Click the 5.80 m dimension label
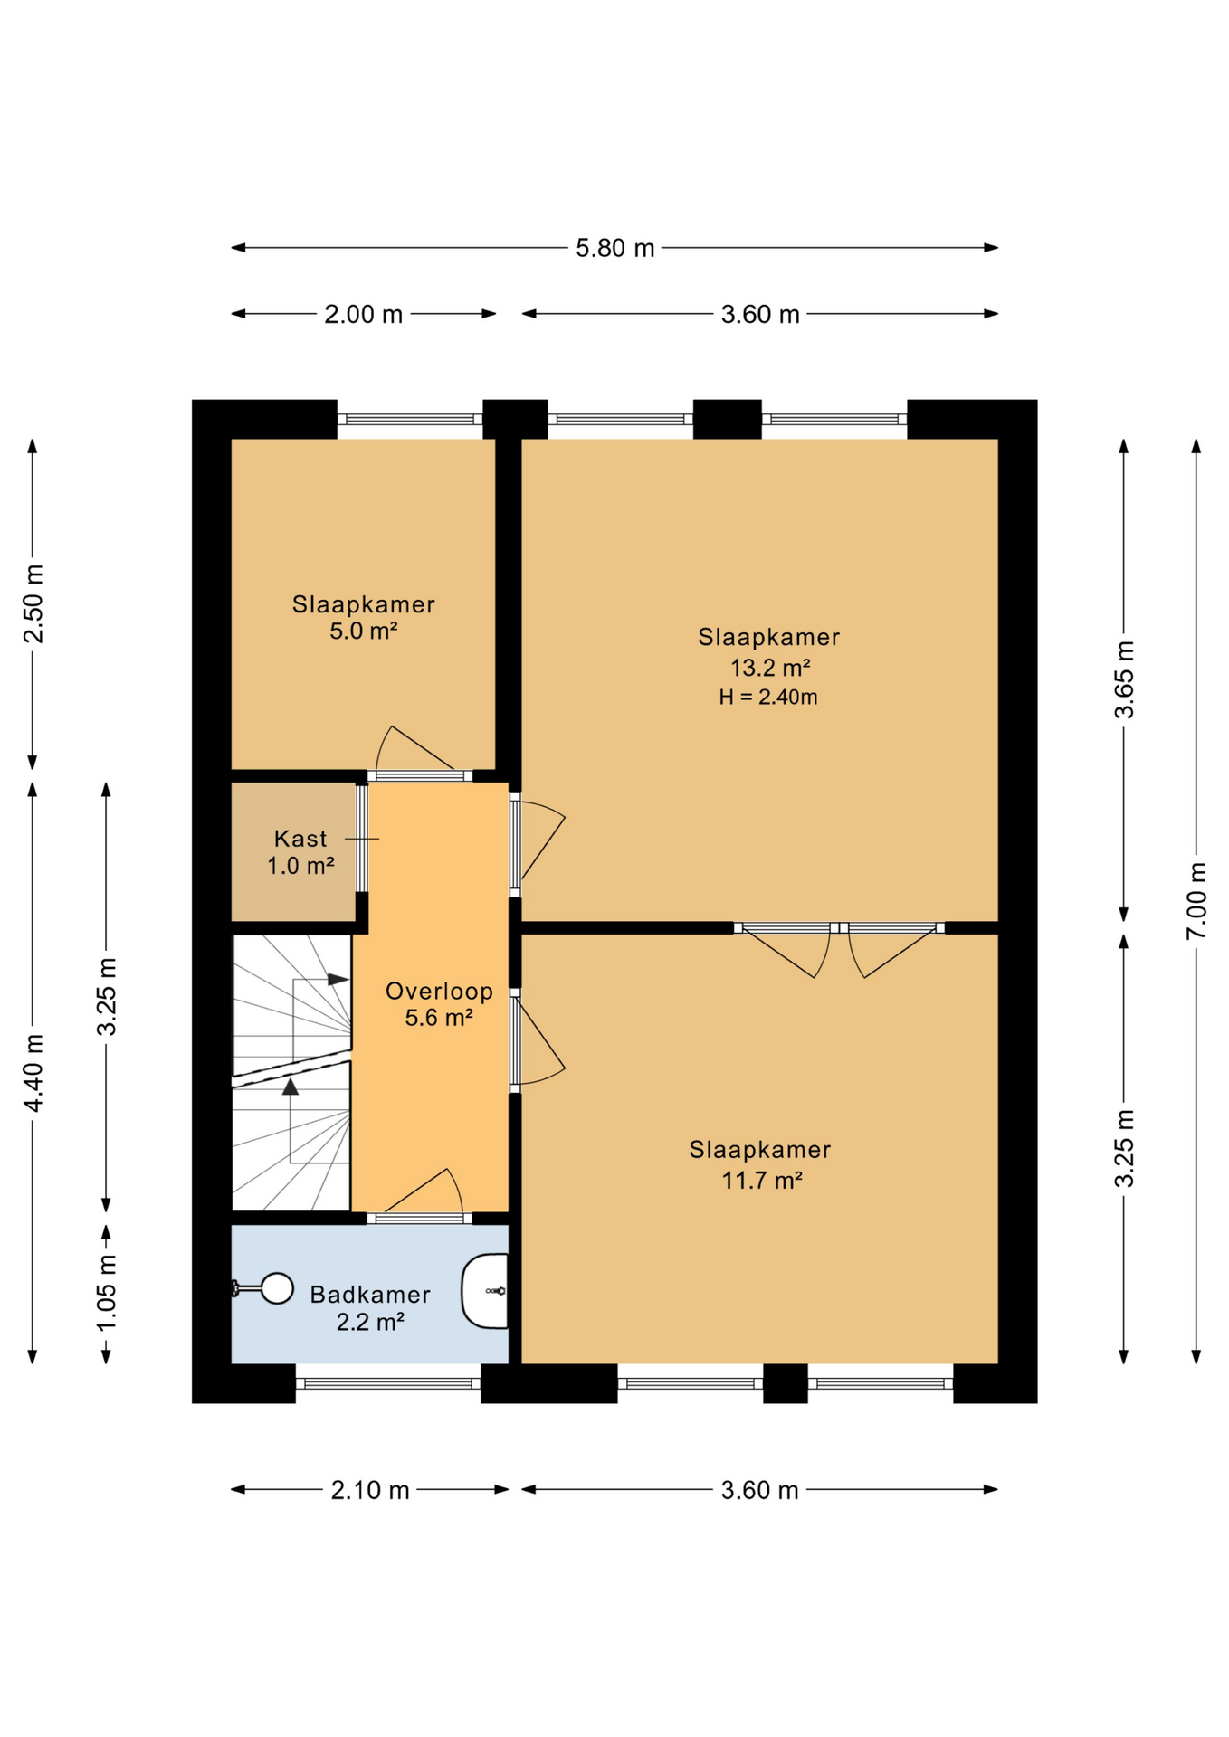(614, 248)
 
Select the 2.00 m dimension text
(363, 314)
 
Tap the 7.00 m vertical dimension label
(1196, 900)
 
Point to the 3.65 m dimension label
(1124, 679)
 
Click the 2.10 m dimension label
(369, 1490)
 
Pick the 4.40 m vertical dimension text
(33, 1073)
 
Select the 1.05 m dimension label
(107, 1293)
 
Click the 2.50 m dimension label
(33, 603)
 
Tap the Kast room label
(300, 839)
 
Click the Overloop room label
(439, 992)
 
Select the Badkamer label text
(369, 1295)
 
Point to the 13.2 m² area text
(769, 668)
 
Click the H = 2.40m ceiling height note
(768, 697)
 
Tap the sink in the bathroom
(486, 1291)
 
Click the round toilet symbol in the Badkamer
(275, 1288)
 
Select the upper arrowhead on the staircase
(338, 979)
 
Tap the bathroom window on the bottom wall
(388, 1383)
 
